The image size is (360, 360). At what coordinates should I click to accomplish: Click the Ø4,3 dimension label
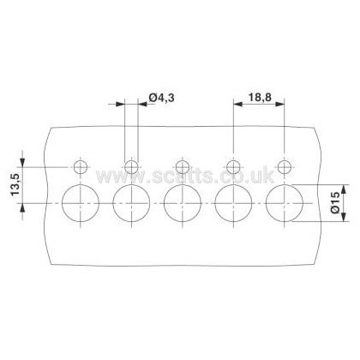coord(162,98)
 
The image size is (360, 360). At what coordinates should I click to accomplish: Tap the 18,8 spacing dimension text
coord(259,98)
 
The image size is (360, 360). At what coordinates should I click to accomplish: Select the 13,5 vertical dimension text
coord(15,185)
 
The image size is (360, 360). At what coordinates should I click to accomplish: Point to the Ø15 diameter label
coord(335,202)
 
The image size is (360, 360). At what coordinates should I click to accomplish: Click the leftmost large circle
coord(62,203)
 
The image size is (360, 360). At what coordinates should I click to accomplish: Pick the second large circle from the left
coord(113,203)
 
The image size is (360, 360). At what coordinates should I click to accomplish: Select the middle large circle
coord(164,203)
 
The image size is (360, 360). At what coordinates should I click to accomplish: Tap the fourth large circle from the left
coord(215,203)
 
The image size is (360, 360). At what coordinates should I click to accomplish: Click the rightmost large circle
coord(266,203)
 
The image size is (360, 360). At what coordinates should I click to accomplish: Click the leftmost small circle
coord(75,167)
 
